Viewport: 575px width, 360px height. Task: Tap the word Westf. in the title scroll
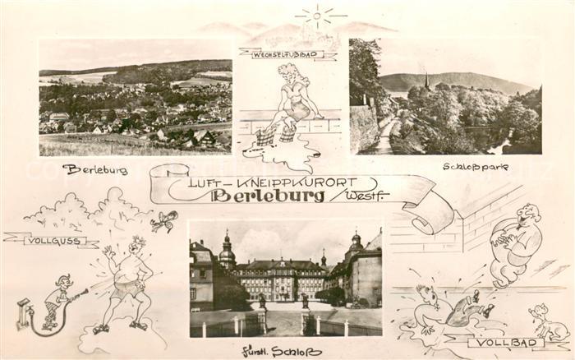pyautogui.click(x=367, y=196)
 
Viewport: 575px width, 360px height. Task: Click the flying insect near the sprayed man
pyautogui.click(x=164, y=220)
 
